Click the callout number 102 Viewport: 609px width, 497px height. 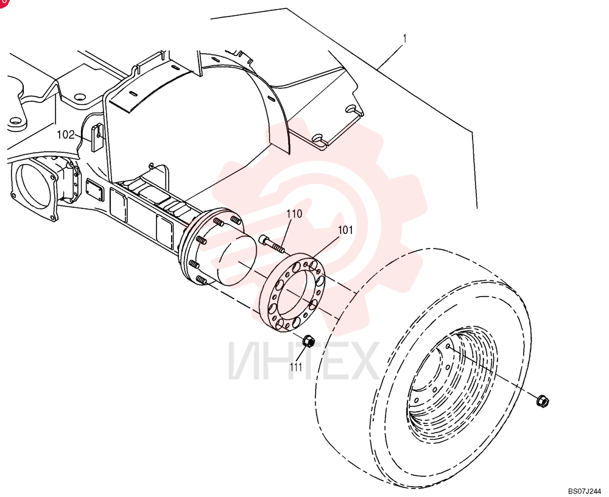pos(65,135)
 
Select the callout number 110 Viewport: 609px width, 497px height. pos(294,214)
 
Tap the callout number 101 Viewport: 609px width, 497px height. pos(345,230)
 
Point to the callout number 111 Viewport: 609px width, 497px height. pos(296,367)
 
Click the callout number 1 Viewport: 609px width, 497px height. pos(405,38)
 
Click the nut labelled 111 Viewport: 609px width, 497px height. pos(308,341)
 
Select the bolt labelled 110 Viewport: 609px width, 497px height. pos(271,244)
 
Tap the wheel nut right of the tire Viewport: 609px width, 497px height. pos(542,401)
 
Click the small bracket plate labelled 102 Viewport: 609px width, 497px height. pos(96,137)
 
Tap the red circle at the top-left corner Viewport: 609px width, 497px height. pos(3,2)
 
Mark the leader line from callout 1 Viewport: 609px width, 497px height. pos(390,57)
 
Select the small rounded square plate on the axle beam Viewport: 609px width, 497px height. pos(95,191)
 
